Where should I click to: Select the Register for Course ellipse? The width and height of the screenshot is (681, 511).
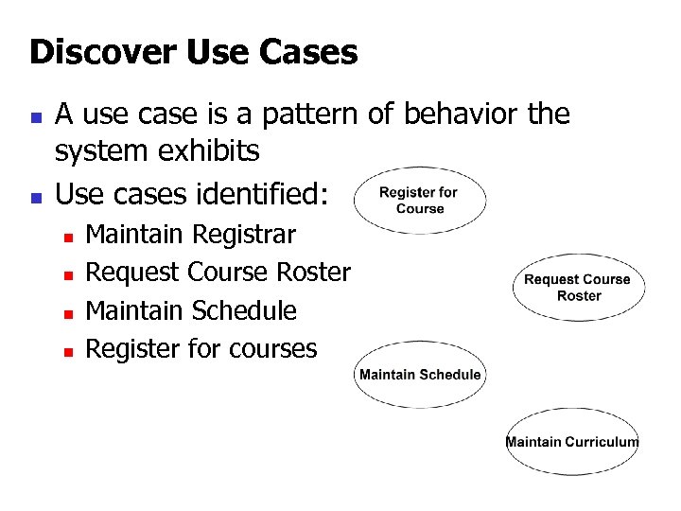click(x=420, y=200)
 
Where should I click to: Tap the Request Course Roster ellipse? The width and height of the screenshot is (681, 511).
click(x=579, y=288)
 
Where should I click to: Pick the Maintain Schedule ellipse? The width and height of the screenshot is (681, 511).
click(x=420, y=375)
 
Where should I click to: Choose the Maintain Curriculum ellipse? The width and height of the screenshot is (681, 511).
click(x=572, y=442)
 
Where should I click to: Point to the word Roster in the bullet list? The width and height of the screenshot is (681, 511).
click(x=313, y=273)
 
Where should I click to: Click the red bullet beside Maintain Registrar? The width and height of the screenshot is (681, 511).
click(x=68, y=236)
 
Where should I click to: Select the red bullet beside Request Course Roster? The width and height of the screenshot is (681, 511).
click(x=68, y=274)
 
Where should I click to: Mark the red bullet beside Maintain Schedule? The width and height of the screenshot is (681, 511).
click(x=68, y=313)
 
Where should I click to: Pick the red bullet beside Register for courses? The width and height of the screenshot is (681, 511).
click(x=68, y=351)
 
